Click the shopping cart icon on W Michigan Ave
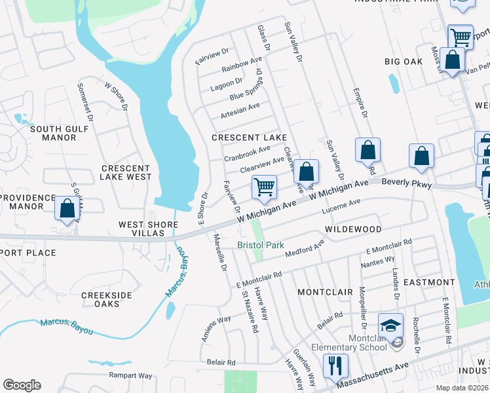[x=264, y=187]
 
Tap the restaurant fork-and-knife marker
[x=335, y=365]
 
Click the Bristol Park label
[x=261, y=245]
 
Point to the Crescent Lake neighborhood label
[x=249, y=138]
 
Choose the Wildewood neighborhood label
[x=353, y=229]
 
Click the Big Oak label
[x=404, y=62]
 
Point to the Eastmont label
[x=428, y=282]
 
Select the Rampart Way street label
[x=130, y=375]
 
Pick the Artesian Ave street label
[x=240, y=109]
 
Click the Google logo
[x=22, y=385]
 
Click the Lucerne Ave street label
[x=341, y=207]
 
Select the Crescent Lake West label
[x=126, y=172]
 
